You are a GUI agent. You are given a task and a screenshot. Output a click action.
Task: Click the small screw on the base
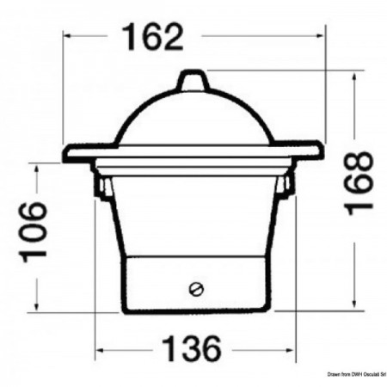pos(196,287)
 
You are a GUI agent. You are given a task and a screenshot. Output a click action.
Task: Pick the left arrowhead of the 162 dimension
pos(70,37)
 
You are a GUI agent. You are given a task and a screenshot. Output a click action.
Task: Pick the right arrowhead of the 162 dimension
pos(320,37)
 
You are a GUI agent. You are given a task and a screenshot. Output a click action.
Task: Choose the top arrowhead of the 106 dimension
pos(38,168)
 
